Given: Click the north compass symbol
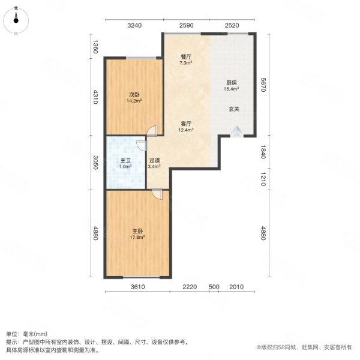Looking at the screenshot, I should coord(16,19).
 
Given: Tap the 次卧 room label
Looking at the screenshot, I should coord(133,94).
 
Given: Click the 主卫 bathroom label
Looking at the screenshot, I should coord(125,160).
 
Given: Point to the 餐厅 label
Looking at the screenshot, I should coord(186,56).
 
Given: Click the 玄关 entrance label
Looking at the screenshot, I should coord(233,109).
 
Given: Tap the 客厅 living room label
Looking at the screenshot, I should coord(186,124).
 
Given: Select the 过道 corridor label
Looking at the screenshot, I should coord(154,161).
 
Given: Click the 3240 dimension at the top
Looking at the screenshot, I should coord(134,25).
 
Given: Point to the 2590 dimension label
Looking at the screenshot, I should coord(186,25).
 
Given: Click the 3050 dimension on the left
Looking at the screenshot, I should coord(94,163).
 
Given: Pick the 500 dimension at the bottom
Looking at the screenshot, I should coord(214,287).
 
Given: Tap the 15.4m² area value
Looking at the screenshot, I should coord(232,89).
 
